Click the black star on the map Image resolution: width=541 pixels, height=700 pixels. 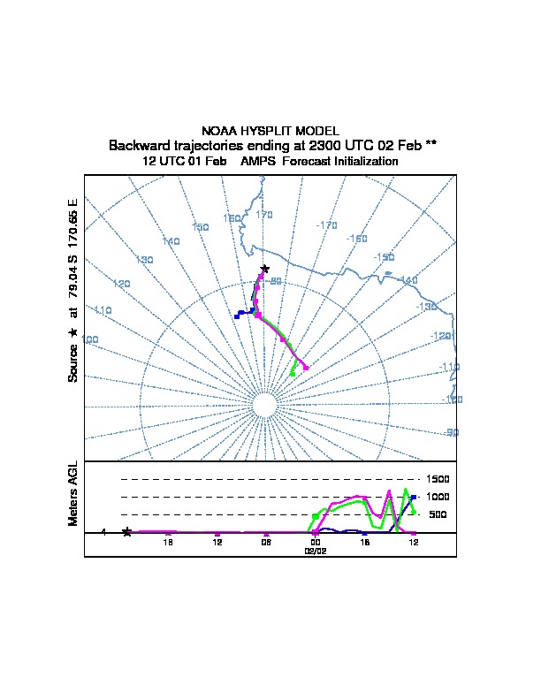(264, 268)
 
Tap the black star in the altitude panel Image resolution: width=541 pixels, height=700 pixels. (127, 531)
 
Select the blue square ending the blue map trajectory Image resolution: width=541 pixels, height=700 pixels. (236, 316)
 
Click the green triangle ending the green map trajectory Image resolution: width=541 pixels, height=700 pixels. (293, 375)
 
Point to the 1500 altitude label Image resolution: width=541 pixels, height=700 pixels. (438, 479)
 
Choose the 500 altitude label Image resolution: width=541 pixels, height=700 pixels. (437, 514)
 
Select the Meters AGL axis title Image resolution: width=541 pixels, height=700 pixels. (73, 494)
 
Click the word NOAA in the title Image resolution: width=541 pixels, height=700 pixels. (219, 131)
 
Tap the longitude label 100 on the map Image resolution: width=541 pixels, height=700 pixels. (89, 340)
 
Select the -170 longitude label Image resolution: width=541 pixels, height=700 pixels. (326, 225)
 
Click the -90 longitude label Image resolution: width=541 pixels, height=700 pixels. (451, 432)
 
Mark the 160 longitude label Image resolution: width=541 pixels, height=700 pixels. (232, 218)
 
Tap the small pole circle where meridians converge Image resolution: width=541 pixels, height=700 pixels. (264, 406)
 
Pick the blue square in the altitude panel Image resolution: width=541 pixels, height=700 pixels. (413, 497)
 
